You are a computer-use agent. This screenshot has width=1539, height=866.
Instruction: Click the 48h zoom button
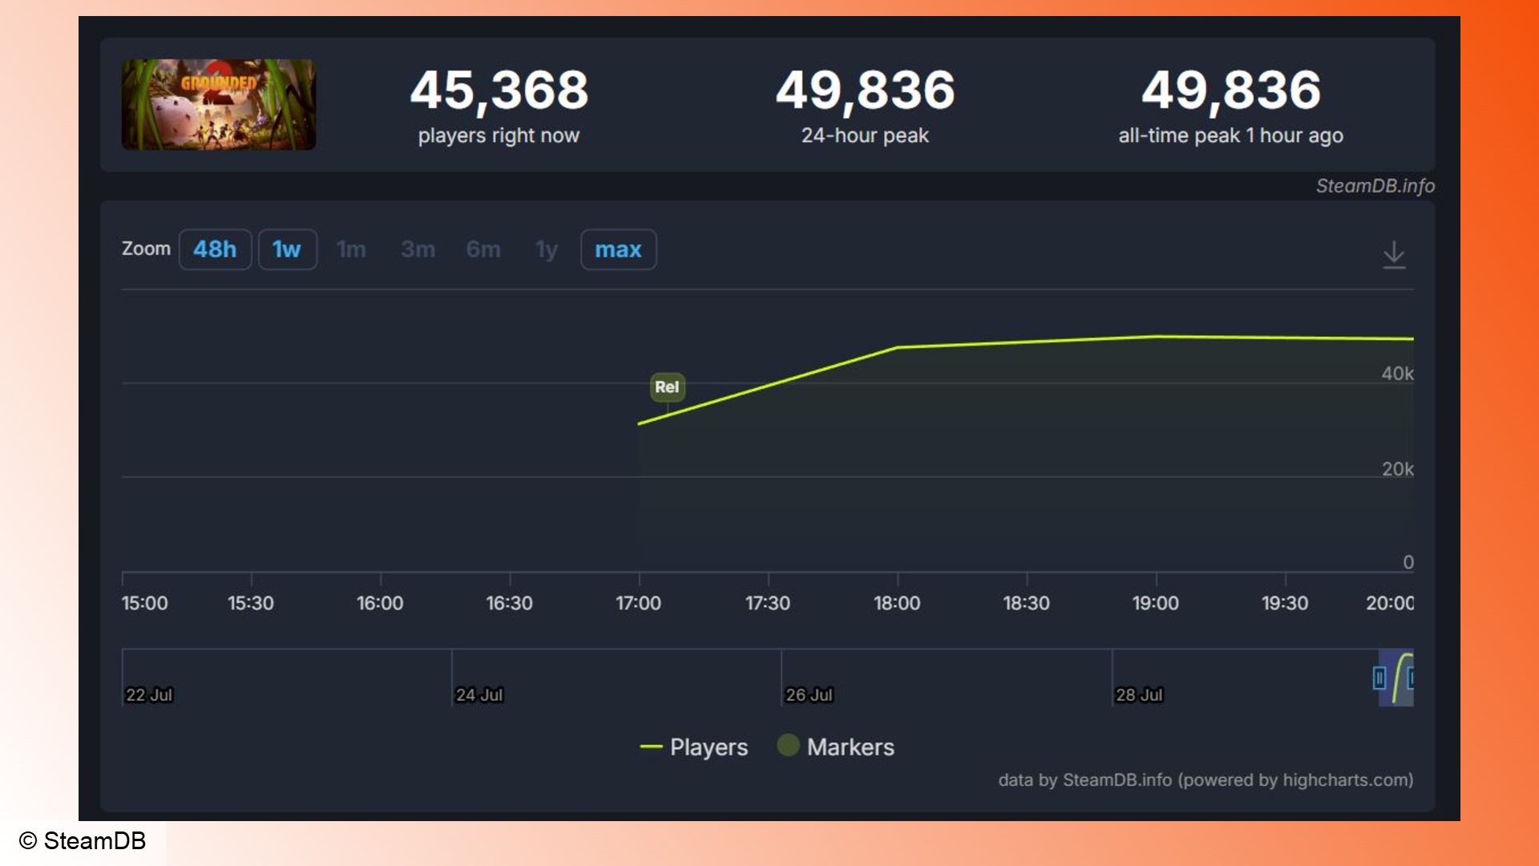coord(215,249)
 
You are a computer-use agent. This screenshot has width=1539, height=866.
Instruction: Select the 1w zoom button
coord(287,249)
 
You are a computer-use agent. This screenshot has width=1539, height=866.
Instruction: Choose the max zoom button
coord(618,249)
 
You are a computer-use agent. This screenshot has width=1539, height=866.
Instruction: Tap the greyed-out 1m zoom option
coord(351,249)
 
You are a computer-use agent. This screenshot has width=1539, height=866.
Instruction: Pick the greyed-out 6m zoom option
coord(483,249)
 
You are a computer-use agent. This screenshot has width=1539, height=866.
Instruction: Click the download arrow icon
coord(1394,254)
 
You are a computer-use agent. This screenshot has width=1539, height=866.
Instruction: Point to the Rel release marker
coord(667,386)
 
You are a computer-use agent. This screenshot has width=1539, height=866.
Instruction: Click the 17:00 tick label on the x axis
coord(638,603)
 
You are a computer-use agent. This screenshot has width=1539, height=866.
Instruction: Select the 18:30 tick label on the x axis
coord(1026,603)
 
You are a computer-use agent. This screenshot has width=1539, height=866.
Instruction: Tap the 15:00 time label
coord(145,603)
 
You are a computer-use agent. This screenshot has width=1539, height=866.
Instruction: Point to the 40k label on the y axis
coord(1397,374)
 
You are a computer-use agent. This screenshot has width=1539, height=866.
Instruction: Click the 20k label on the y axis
coord(1397,469)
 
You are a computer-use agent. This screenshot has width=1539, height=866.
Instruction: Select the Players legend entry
coord(694,747)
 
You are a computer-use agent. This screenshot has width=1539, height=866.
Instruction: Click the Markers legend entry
coord(836,747)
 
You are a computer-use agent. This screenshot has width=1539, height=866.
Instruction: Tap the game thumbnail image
coord(219,104)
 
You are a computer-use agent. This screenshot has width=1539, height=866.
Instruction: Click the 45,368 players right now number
coord(499,90)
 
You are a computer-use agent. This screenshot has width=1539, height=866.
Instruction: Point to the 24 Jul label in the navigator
coord(479,695)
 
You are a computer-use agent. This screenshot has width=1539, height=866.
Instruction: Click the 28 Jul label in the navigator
coord(1139,695)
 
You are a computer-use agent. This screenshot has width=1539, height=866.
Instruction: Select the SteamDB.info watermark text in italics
coord(1375,186)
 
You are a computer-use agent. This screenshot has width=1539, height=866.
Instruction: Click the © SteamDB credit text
coord(83,840)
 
